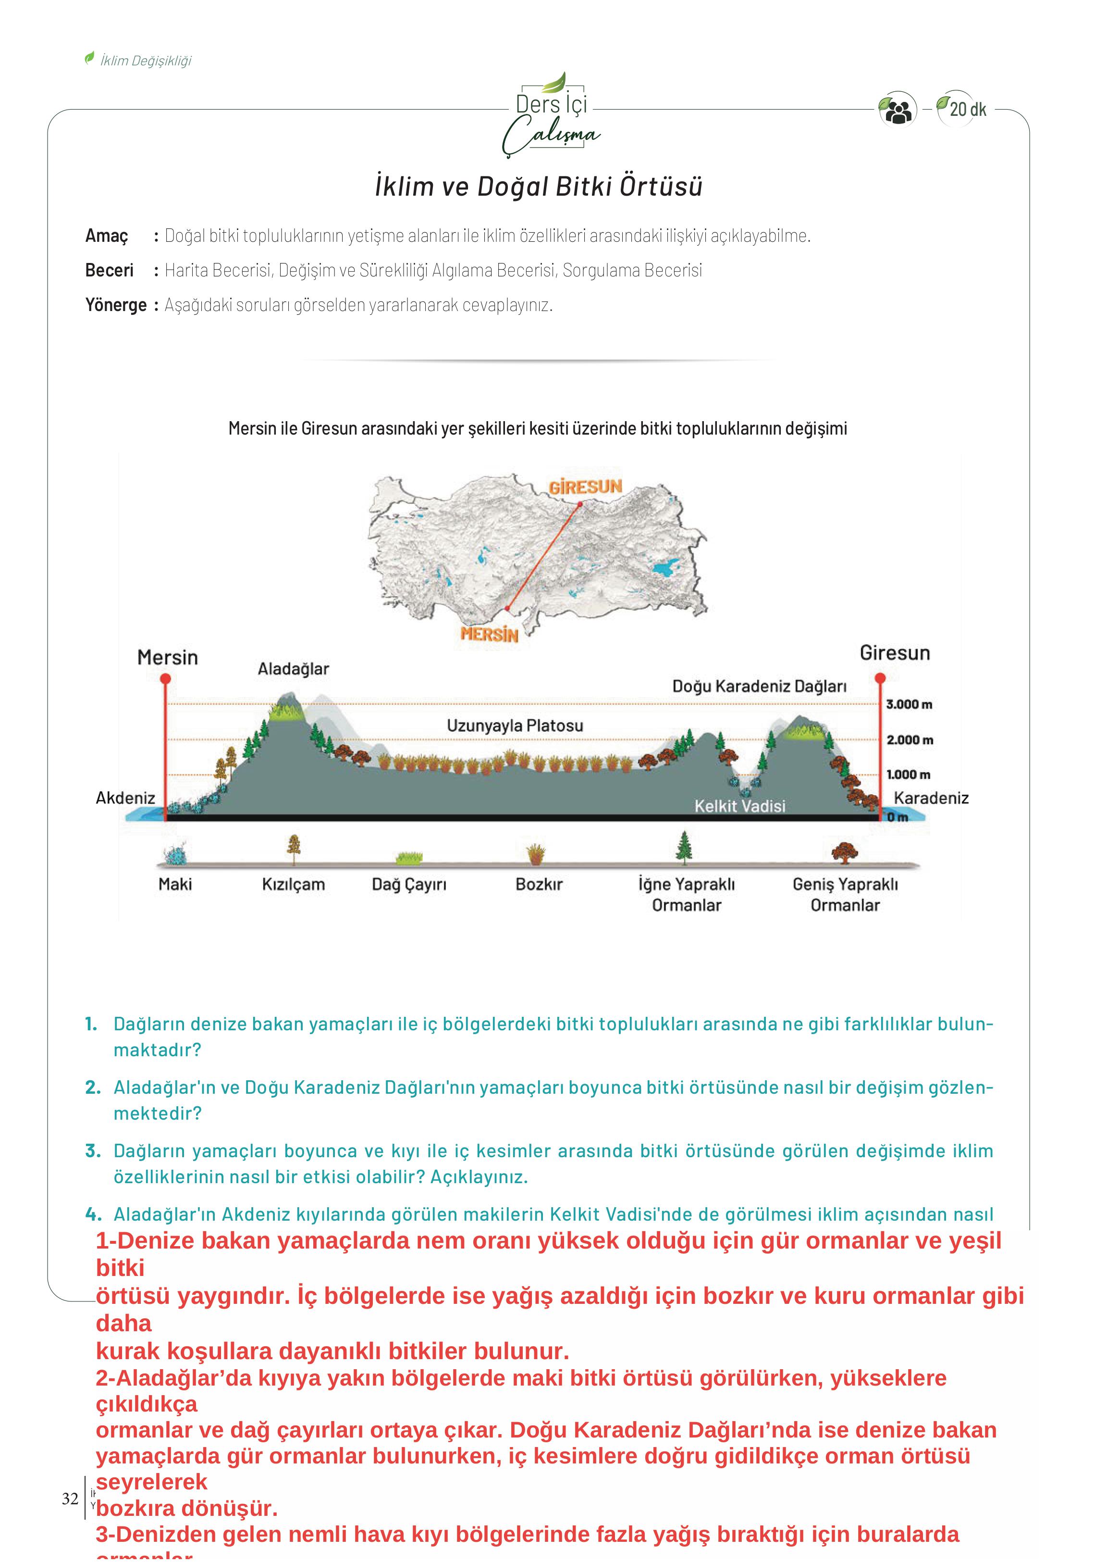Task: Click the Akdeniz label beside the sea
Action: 125,798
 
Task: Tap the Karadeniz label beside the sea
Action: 931,798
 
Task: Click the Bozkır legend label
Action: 539,884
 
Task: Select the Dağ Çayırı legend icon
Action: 409,857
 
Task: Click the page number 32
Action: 70,1498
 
